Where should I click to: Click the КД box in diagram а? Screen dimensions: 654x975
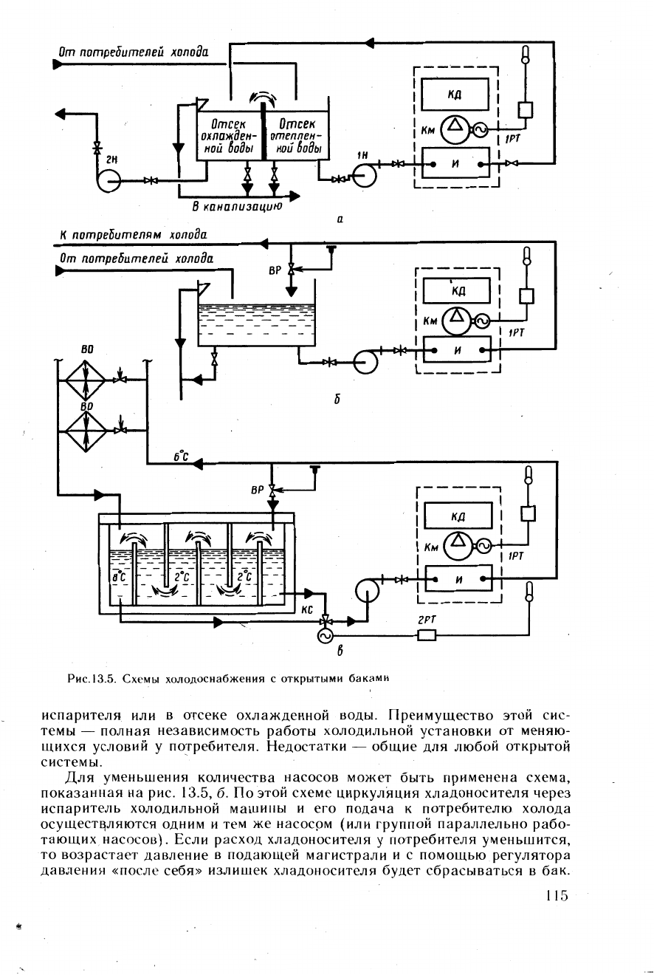click(x=455, y=95)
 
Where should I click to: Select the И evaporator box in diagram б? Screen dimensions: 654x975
click(x=457, y=349)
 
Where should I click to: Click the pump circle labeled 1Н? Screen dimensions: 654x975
click(x=364, y=174)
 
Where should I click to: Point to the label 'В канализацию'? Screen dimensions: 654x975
click(x=238, y=206)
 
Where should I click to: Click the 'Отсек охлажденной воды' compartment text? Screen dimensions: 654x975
click(x=228, y=137)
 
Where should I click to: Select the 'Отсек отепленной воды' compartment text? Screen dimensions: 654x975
click(x=296, y=136)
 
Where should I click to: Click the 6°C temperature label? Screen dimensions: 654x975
click(x=180, y=456)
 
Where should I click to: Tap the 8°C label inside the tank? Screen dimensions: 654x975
click(x=119, y=577)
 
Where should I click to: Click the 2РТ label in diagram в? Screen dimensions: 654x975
click(x=427, y=620)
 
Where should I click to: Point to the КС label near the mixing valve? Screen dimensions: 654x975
click(x=307, y=610)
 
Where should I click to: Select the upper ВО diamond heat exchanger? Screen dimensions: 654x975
click(x=86, y=380)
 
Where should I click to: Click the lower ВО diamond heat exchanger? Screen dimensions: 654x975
click(x=86, y=431)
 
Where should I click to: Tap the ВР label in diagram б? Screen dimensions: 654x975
click(x=275, y=270)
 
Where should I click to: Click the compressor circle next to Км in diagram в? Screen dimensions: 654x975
click(x=457, y=546)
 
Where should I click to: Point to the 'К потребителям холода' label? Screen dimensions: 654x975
click(x=133, y=235)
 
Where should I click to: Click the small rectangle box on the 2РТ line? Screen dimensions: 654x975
click(x=427, y=635)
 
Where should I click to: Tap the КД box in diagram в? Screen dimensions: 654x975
click(x=458, y=516)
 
